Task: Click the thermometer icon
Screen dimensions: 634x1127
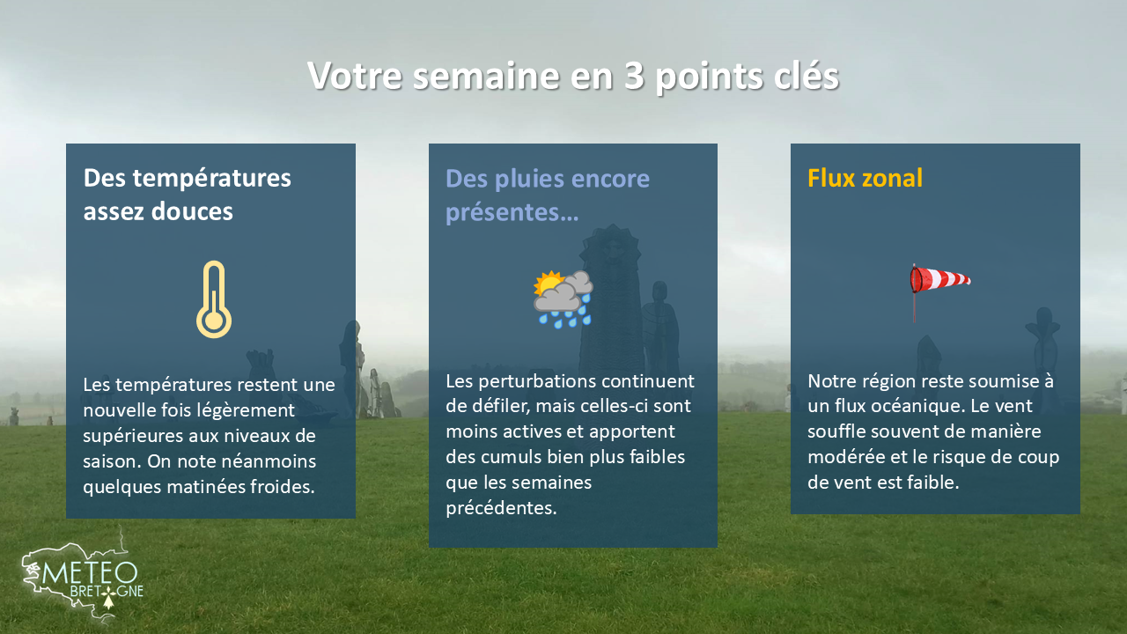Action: click(x=214, y=299)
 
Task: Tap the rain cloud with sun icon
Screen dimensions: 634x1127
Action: click(x=563, y=299)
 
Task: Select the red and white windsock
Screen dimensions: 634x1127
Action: click(x=939, y=281)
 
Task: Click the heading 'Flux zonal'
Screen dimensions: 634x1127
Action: click(x=865, y=178)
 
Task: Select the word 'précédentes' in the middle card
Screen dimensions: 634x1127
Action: click(x=501, y=508)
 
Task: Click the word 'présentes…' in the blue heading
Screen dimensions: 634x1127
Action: click(x=505, y=211)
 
